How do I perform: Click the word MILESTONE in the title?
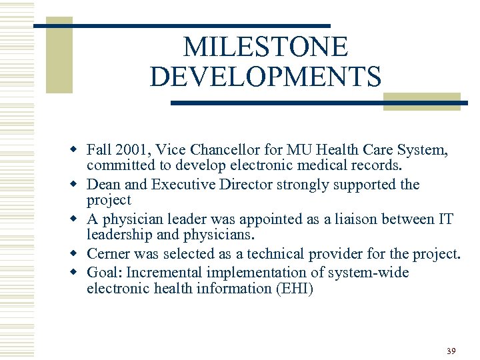pos(265,47)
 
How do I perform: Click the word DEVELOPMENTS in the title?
pos(265,76)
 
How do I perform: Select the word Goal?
pos(104,272)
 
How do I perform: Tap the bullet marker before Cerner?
pos(79,254)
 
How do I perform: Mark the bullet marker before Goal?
pos(79,272)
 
